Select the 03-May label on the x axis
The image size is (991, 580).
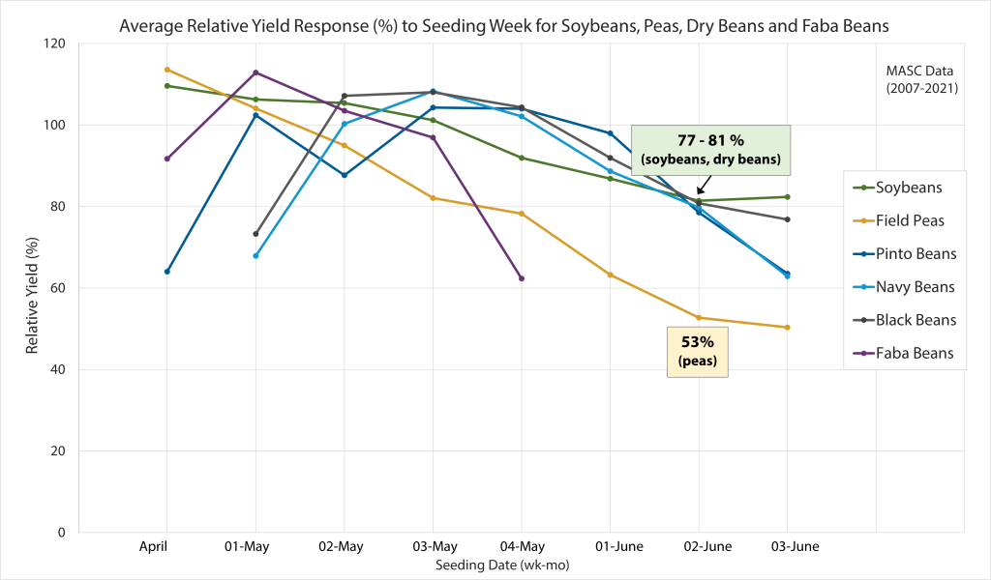click(433, 546)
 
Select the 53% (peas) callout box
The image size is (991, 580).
click(698, 352)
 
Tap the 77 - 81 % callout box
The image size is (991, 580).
click(710, 150)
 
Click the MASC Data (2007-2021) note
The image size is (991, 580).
click(918, 80)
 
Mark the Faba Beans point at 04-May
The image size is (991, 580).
click(522, 278)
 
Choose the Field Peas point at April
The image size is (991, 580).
click(167, 70)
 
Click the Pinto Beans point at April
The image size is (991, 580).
click(167, 272)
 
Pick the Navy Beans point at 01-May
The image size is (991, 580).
click(255, 255)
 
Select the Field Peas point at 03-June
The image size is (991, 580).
click(787, 327)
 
